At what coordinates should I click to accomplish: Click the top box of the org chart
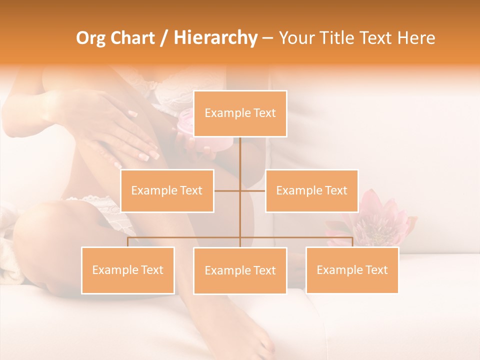[240, 113]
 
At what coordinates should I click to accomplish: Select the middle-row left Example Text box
[167, 190]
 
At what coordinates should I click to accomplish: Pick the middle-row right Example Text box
[311, 190]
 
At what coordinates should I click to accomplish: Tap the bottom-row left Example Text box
[128, 270]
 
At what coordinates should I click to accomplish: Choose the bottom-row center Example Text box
[240, 270]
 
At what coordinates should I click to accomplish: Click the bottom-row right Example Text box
[352, 270]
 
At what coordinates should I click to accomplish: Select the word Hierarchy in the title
[215, 38]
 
